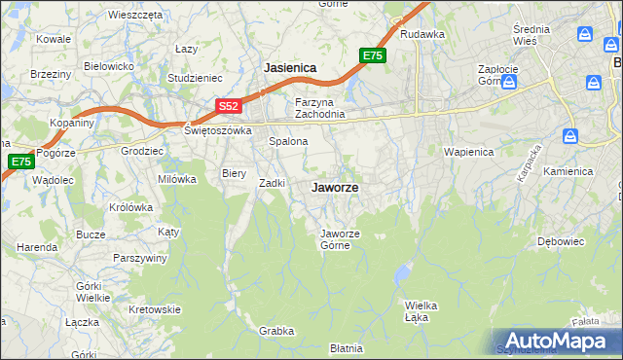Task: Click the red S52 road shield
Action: click(x=228, y=105)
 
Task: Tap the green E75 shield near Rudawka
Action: click(x=373, y=55)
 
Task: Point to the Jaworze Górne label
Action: click(x=342, y=238)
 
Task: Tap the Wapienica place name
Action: click(x=468, y=153)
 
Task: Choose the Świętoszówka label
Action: click(x=219, y=129)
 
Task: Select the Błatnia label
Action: click(x=347, y=347)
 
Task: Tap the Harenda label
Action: click(x=37, y=247)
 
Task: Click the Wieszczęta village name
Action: click(x=134, y=16)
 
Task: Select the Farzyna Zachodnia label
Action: click(x=320, y=108)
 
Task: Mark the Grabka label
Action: click(x=276, y=331)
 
